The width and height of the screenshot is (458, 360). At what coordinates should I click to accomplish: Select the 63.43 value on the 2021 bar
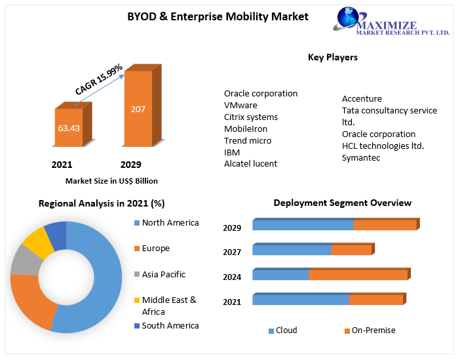click(x=69, y=128)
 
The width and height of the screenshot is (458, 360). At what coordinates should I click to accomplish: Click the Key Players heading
click(x=333, y=57)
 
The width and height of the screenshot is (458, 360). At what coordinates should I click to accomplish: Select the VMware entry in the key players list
click(x=240, y=105)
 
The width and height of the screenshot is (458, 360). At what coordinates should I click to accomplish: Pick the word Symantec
click(x=361, y=157)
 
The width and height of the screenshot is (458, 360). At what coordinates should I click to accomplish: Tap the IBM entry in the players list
click(x=232, y=152)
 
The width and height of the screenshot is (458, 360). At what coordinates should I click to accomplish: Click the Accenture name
click(x=362, y=99)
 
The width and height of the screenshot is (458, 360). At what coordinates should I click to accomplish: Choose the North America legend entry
click(x=170, y=223)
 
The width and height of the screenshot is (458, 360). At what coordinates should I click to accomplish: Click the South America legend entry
click(x=170, y=325)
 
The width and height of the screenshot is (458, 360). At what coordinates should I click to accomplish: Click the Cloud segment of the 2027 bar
click(x=292, y=250)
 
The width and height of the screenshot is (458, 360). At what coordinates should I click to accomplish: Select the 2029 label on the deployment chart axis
click(x=232, y=228)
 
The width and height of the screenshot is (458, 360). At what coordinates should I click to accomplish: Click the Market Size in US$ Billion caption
click(x=111, y=181)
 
